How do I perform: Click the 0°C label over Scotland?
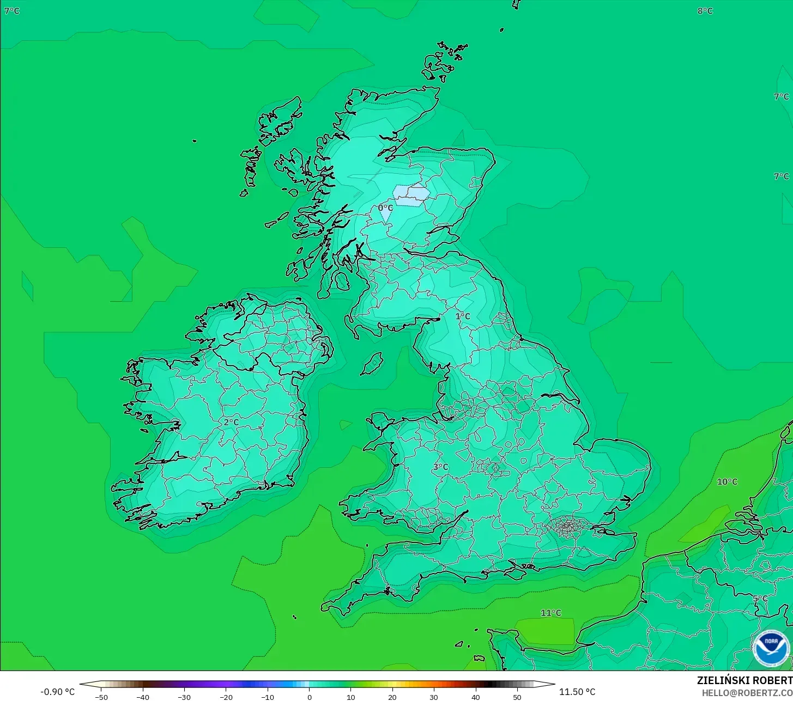tap(385, 208)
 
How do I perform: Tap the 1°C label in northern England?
tap(463, 316)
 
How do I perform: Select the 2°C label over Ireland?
tap(231, 422)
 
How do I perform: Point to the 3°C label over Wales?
tap(440, 467)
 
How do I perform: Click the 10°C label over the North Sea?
tap(727, 482)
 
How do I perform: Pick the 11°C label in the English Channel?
tap(550, 613)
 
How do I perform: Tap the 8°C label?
tap(705, 11)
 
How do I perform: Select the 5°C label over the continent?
tap(760, 599)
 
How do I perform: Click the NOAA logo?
tap(771, 648)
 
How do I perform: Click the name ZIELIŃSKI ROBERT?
tap(744, 680)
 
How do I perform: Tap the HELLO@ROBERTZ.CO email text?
tap(747, 693)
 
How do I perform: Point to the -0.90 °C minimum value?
tap(57, 692)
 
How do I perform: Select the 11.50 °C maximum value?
tap(577, 692)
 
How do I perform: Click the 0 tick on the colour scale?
tap(309, 697)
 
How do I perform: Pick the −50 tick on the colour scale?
tap(101, 697)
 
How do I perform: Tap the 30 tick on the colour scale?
tap(434, 697)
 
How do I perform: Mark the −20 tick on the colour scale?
tap(226, 697)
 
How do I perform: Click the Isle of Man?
tap(372, 363)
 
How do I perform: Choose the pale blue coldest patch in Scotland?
tap(411, 195)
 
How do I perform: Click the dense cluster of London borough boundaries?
tap(568, 526)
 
